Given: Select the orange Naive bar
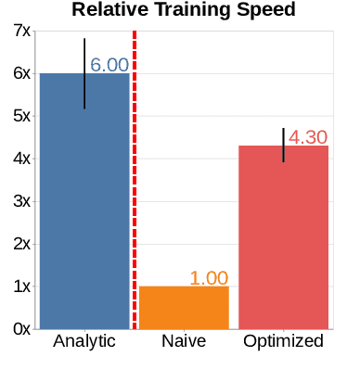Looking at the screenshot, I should pyautogui.click(x=184, y=307).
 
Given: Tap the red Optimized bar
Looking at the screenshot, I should pyautogui.click(x=283, y=236).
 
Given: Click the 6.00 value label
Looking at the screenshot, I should pyautogui.click(x=109, y=66).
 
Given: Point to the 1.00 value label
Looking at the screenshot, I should pyautogui.click(x=209, y=278).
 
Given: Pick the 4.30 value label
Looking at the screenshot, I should pyautogui.click(x=308, y=137).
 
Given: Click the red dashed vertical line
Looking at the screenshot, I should pyautogui.click(x=135, y=185).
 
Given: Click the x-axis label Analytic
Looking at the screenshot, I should pyautogui.click(x=84, y=341).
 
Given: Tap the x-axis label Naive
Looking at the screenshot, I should pyautogui.click(x=184, y=341).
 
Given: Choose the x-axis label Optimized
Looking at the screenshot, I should pyautogui.click(x=283, y=341).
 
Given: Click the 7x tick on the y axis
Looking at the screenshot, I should pyautogui.click(x=19, y=32).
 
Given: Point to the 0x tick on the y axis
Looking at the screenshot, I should pyautogui.click(x=19, y=329).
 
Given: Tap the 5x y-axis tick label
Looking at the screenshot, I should pyautogui.click(x=19, y=117).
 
